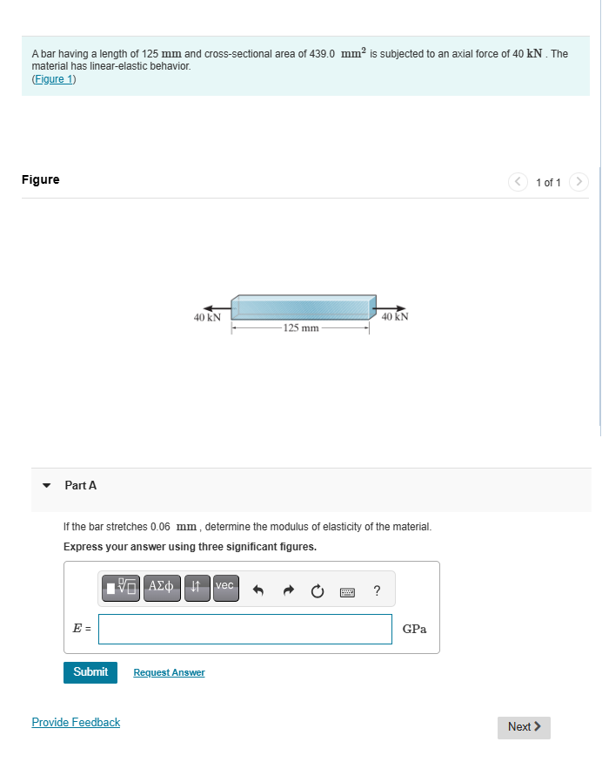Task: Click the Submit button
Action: click(x=90, y=671)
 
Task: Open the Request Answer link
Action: click(x=169, y=672)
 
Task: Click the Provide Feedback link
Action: click(x=76, y=722)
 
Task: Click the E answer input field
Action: click(x=244, y=629)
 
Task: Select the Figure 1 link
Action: click(x=54, y=79)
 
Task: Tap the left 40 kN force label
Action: click(x=206, y=318)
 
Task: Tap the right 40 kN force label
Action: click(x=395, y=317)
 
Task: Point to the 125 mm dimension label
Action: click(x=301, y=328)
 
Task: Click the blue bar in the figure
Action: click(x=302, y=307)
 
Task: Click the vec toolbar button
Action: click(x=224, y=587)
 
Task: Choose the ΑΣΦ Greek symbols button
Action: click(x=163, y=587)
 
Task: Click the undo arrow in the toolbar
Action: click(x=258, y=591)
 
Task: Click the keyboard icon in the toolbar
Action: click(x=348, y=591)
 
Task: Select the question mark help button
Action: click(x=376, y=591)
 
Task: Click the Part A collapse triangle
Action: click(x=47, y=485)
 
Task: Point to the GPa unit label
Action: click(x=414, y=629)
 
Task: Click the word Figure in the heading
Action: click(x=41, y=179)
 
